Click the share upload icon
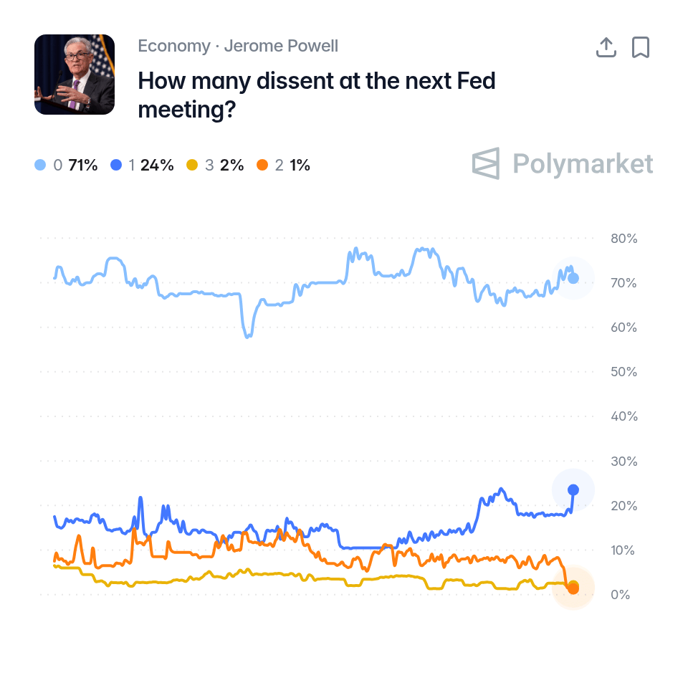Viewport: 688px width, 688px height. pos(606,47)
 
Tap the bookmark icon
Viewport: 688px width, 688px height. pos(641,47)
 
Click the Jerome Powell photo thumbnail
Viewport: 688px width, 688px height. pos(75,75)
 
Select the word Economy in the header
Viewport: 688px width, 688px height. pos(174,46)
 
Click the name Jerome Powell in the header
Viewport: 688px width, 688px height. pos(281,46)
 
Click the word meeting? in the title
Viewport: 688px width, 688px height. pos(187,110)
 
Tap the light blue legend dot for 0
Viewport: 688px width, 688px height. pos(40,165)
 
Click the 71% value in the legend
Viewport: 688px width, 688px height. pos(83,165)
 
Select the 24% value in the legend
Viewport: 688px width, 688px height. pos(157,165)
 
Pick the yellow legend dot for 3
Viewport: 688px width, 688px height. pos(192,165)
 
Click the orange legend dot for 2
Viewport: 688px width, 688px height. pos(262,165)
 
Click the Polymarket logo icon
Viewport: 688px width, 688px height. pos(486,163)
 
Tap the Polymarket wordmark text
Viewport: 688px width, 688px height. pos(583,164)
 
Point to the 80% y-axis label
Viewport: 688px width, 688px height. pos(624,239)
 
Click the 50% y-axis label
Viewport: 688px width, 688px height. pos(624,372)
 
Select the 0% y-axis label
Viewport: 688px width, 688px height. pos(621,595)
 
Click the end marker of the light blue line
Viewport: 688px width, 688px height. pos(573,278)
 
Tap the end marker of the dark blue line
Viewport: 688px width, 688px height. pos(573,489)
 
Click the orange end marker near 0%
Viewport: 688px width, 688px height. pos(573,588)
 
